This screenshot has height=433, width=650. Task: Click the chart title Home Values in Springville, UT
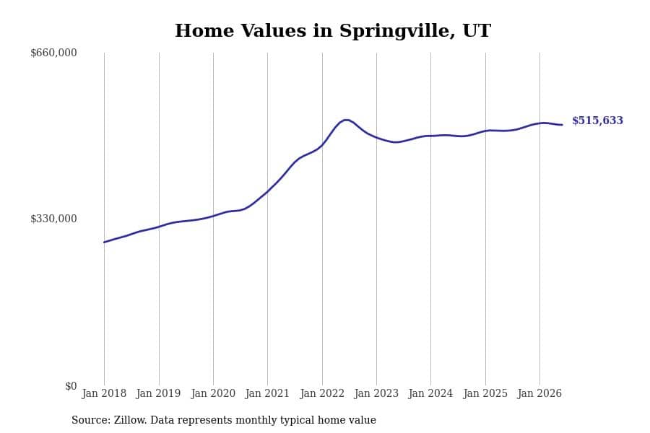[x=333, y=31]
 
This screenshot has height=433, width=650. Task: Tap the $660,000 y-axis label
[x=53, y=53]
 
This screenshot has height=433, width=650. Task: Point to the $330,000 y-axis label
[x=53, y=219]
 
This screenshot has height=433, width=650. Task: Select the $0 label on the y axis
[x=71, y=386]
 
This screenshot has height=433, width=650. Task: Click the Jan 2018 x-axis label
[x=104, y=393]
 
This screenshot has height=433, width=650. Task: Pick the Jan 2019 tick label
[x=158, y=393]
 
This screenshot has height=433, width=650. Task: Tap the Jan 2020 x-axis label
[x=213, y=393]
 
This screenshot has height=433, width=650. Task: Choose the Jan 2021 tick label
[x=267, y=393]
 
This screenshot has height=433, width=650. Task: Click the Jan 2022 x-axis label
[x=322, y=393]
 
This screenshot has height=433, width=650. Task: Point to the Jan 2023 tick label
[x=376, y=393]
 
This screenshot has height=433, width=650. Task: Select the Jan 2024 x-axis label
[x=430, y=393]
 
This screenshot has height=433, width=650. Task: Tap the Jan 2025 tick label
[x=485, y=393]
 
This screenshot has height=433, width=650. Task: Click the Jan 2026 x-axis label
[x=539, y=393]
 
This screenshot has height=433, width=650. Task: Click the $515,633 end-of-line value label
[x=597, y=121]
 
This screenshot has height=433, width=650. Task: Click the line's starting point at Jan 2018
[x=104, y=242]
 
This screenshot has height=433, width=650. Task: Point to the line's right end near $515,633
[x=562, y=125]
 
